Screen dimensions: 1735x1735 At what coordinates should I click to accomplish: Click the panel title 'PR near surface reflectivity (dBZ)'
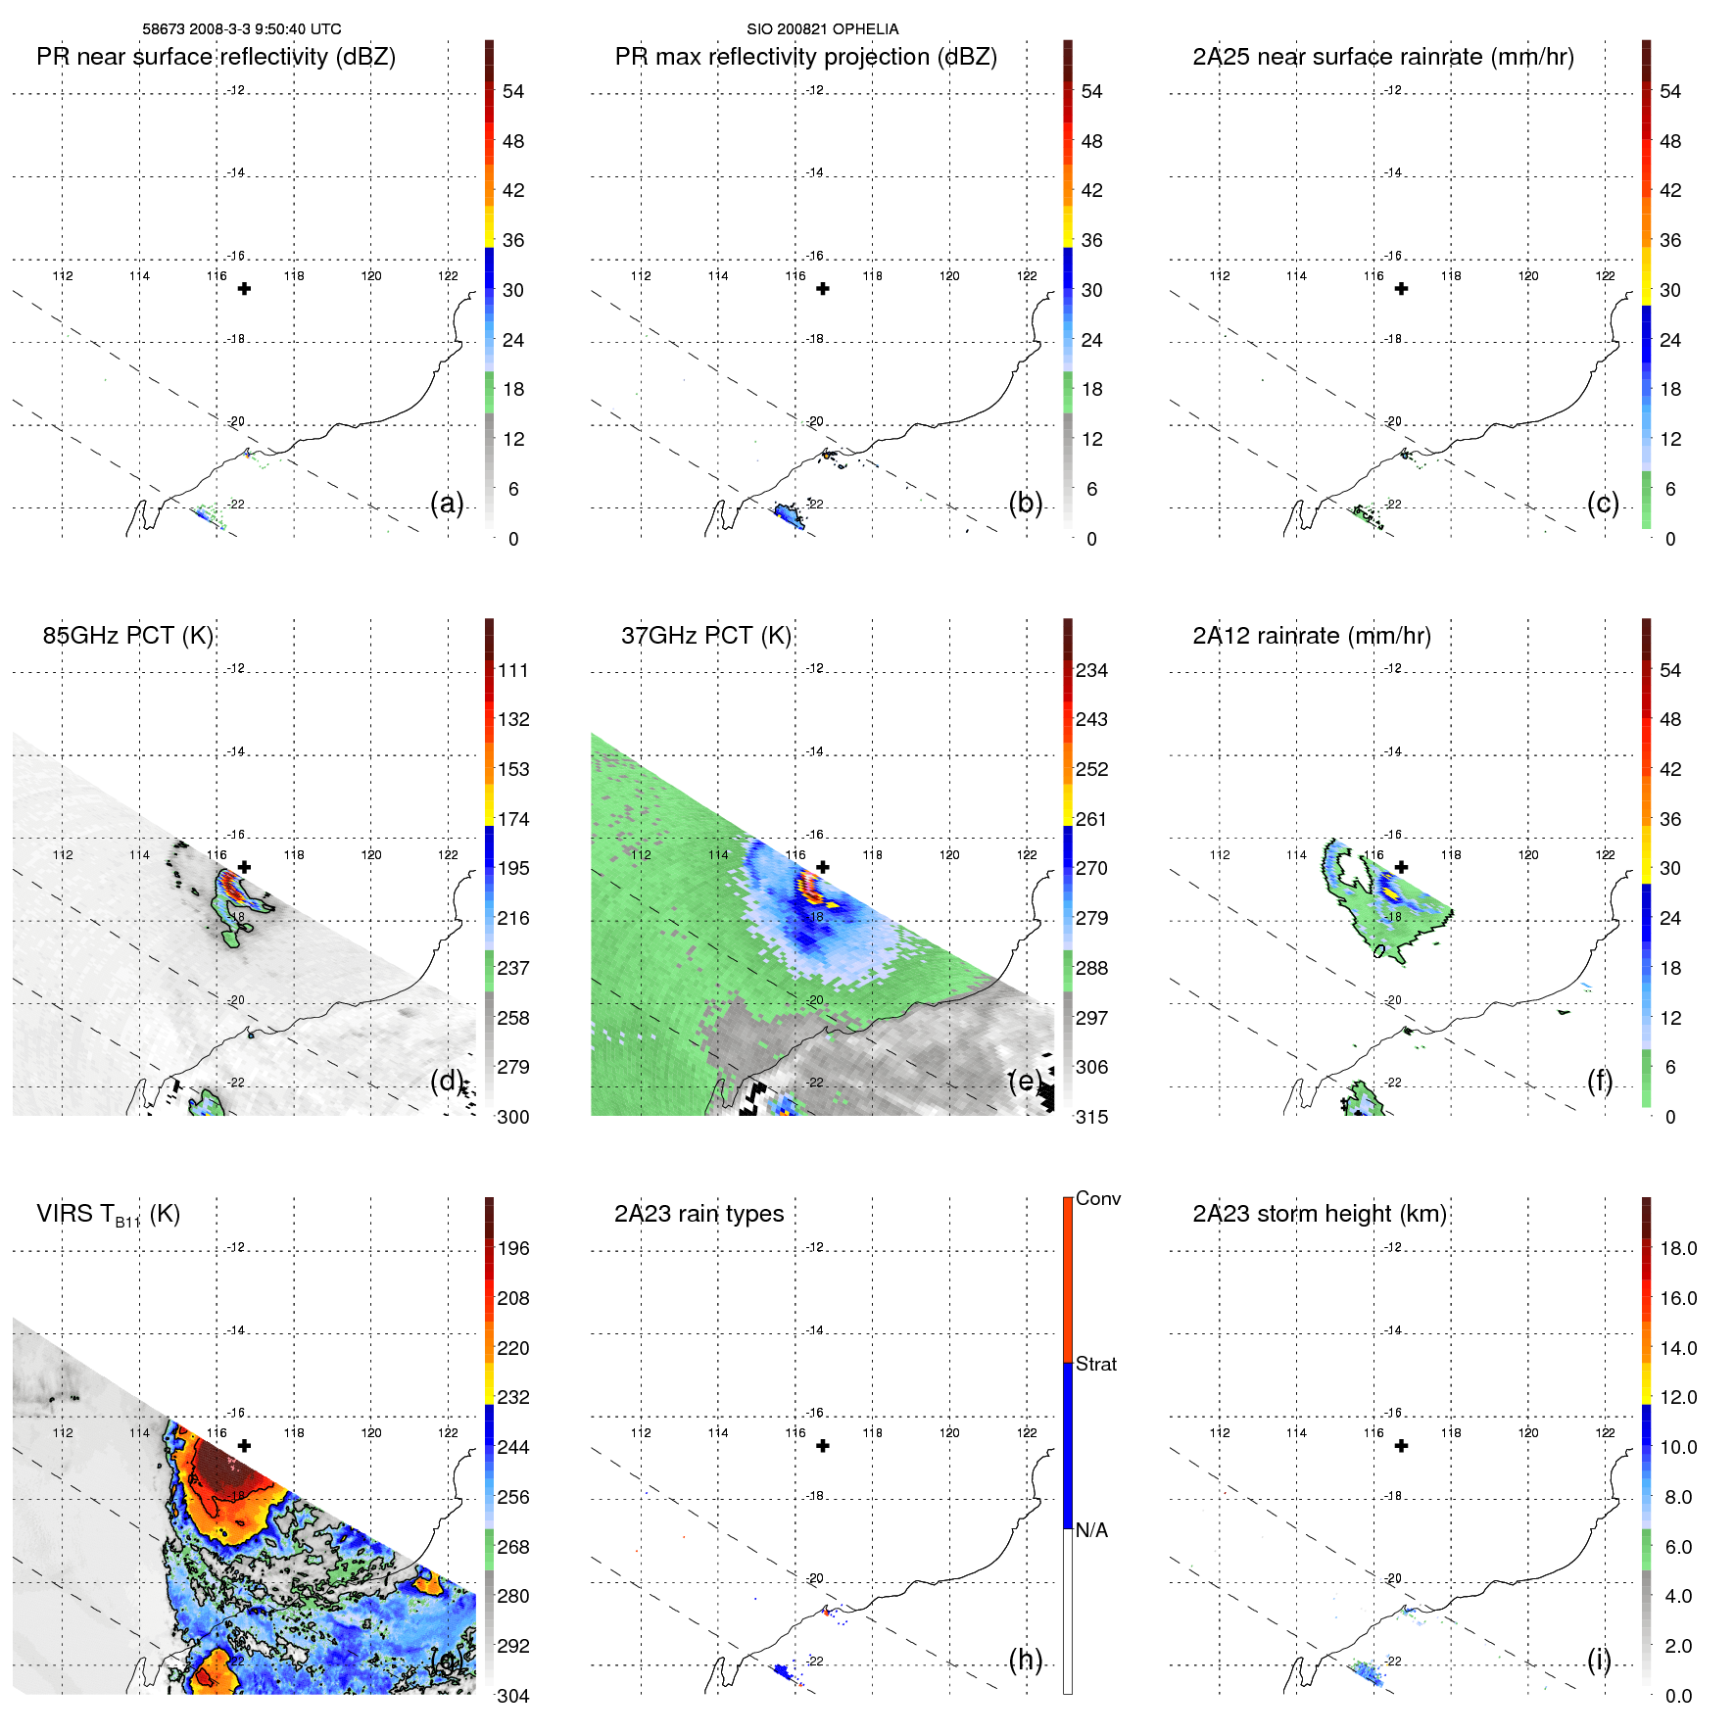(x=216, y=57)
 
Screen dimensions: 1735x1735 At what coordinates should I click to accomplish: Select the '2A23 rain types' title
(x=699, y=1214)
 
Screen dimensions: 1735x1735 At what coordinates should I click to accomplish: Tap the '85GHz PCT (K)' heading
(x=127, y=636)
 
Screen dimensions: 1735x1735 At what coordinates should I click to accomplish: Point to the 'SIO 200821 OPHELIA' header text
(x=822, y=29)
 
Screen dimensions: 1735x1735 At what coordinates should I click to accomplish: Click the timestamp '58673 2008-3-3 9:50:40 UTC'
(x=242, y=29)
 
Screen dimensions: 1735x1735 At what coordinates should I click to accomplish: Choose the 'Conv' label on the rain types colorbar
(x=1097, y=1198)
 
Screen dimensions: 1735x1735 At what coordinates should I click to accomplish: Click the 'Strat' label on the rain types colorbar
(x=1095, y=1364)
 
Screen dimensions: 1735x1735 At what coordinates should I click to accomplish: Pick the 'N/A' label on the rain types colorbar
(x=1091, y=1530)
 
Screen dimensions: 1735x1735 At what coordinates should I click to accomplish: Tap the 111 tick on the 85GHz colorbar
(x=513, y=670)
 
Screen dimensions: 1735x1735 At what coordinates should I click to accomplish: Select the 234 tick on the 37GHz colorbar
(x=1091, y=670)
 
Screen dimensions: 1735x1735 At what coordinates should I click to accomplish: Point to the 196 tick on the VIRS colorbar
(x=513, y=1248)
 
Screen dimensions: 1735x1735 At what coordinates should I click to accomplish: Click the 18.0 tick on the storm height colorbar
(x=1678, y=1248)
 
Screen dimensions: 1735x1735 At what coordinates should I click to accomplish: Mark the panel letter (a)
(x=447, y=503)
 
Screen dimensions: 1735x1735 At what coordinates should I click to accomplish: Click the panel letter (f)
(x=1600, y=1081)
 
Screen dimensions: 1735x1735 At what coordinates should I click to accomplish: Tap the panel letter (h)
(x=1025, y=1660)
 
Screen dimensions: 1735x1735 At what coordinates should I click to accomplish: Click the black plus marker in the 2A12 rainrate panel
(x=1402, y=867)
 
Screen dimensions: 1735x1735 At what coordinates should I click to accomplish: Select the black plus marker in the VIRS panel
(x=244, y=1445)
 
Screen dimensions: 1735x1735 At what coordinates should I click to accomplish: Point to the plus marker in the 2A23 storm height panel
(x=1402, y=1445)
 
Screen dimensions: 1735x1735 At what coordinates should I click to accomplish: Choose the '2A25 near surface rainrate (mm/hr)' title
(x=1383, y=57)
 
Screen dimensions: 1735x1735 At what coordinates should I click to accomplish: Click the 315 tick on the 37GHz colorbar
(x=1091, y=1117)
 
